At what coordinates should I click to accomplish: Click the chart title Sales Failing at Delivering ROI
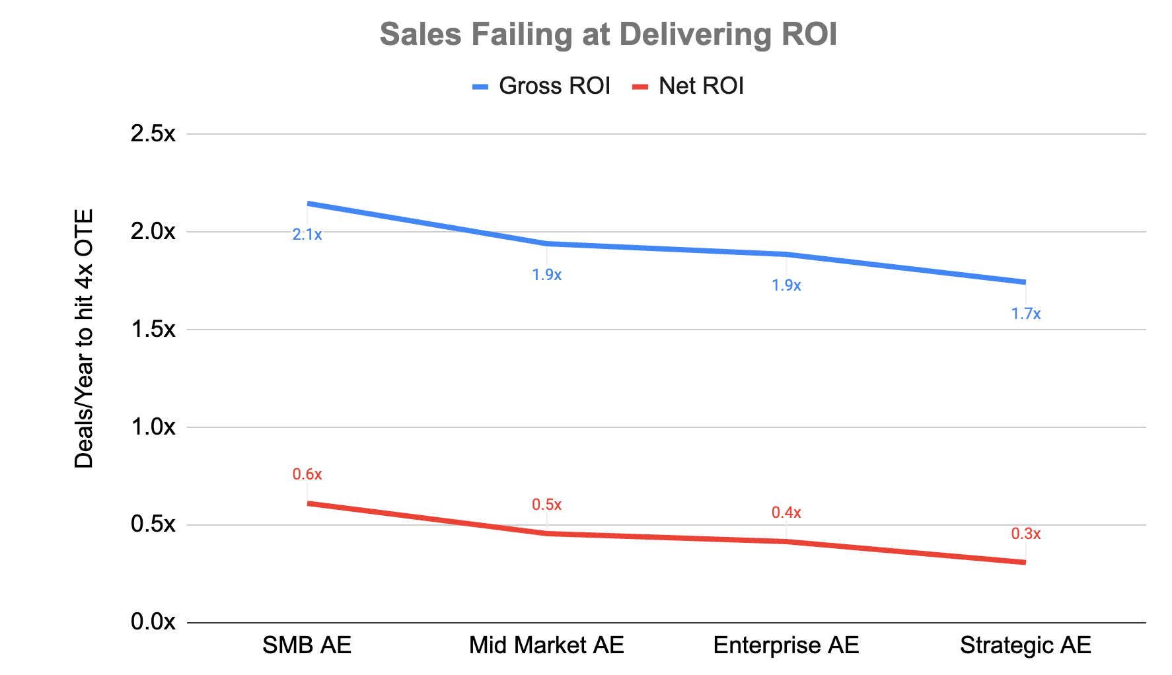pyautogui.click(x=608, y=34)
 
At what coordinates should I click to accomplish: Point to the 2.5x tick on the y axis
pyautogui.click(x=153, y=134)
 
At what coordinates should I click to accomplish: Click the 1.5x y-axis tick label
pyautogui.click(x=153, y=330)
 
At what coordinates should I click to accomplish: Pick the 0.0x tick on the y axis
pyautogui.click(x=153, y=622)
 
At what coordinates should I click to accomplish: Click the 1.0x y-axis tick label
pyautogui.click(x=153, y=427)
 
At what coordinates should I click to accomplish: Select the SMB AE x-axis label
pyautogui.click(x=307, y=645)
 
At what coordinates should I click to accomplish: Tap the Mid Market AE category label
pyautogui.click(x=546, y=645)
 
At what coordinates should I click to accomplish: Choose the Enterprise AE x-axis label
pyautogui.click(x=786, y=645)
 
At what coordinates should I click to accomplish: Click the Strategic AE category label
pyautogui.click(x=1025, y=645)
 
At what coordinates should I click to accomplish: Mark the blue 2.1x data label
pyautogui.click(x=307, y=234)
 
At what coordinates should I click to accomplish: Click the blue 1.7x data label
pyautogui.click(x=1025, y=314)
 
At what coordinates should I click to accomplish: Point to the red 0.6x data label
pyautogui.click(x=307, y=474)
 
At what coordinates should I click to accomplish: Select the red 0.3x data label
pyautogui.click(x=1025, y=534)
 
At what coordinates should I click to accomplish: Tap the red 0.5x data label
pyautogui.click(x=546, y=505)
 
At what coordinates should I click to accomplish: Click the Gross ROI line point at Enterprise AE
pyautogui.click(x=786, y=254)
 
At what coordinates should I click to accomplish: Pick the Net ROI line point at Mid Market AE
pyautogui.click(x=546, y=533)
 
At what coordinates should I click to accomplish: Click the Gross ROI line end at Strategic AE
pyautogui.click(x=1024, y=282)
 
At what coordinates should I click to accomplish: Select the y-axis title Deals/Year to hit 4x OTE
pyautogui.click(x=84, y=339)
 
